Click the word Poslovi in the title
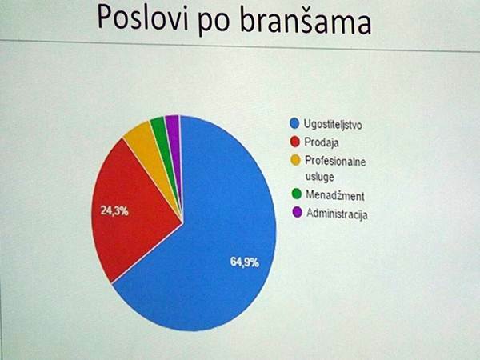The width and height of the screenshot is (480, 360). [x=142, y=17]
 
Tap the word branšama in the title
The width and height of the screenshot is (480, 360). [x=306, y=20]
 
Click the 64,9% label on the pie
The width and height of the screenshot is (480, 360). [x=245, y=262]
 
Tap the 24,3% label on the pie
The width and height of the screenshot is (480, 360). [x=114, y=210]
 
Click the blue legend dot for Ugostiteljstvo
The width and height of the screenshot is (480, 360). [x=294, y=123]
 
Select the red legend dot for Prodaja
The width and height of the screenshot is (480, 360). [x=295, y=142]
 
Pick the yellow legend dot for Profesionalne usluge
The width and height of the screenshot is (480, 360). [x=296, y=160]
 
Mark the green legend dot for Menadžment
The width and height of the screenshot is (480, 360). [x=297, y=194]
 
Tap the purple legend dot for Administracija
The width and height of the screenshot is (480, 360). [x=298, y=212]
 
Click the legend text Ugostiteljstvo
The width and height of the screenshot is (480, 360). [x=333, y=124]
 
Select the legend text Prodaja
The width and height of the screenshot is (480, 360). [x=322, y=142]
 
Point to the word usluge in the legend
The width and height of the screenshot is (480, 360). [x=319, y=178]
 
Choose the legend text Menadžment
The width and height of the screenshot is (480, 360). [x=335, y=195]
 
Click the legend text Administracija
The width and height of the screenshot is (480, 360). [x=337, y=214]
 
